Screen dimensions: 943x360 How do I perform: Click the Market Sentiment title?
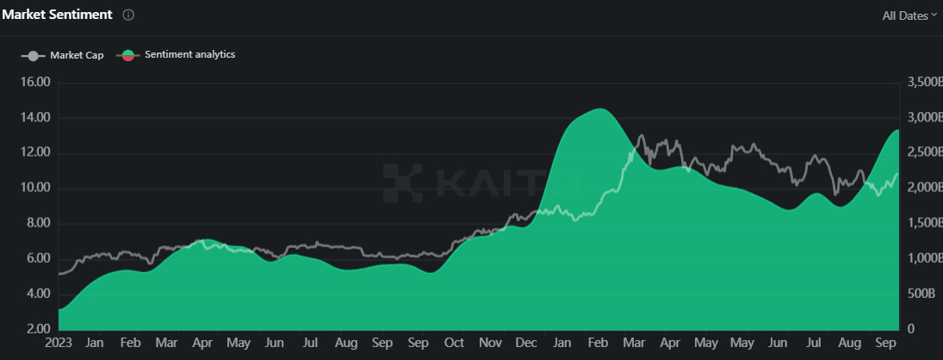pos(57,15)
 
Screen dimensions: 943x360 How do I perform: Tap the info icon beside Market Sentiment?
pos(128,16)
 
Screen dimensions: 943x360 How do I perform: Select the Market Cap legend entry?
pos(63,55)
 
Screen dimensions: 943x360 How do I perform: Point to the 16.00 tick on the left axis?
pos(34,83)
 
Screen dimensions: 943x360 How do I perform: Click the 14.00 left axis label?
pos(34,118)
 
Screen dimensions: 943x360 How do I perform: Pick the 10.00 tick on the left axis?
pos(34,189)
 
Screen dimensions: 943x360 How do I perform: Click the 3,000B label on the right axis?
pos(924,117)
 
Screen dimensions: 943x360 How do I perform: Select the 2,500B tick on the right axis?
pos(924,152)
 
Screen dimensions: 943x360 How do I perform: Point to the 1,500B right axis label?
pos(924,224)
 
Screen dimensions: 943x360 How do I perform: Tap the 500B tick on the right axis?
pos(921,294)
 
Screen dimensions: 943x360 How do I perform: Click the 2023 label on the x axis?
pos(59,343)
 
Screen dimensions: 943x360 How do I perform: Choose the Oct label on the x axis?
pos(454,343)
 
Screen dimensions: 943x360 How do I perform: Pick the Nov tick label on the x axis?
pos(491,343)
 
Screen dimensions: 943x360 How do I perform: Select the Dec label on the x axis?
pos(526,343)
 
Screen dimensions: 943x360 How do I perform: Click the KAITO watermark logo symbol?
pos(402,183)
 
